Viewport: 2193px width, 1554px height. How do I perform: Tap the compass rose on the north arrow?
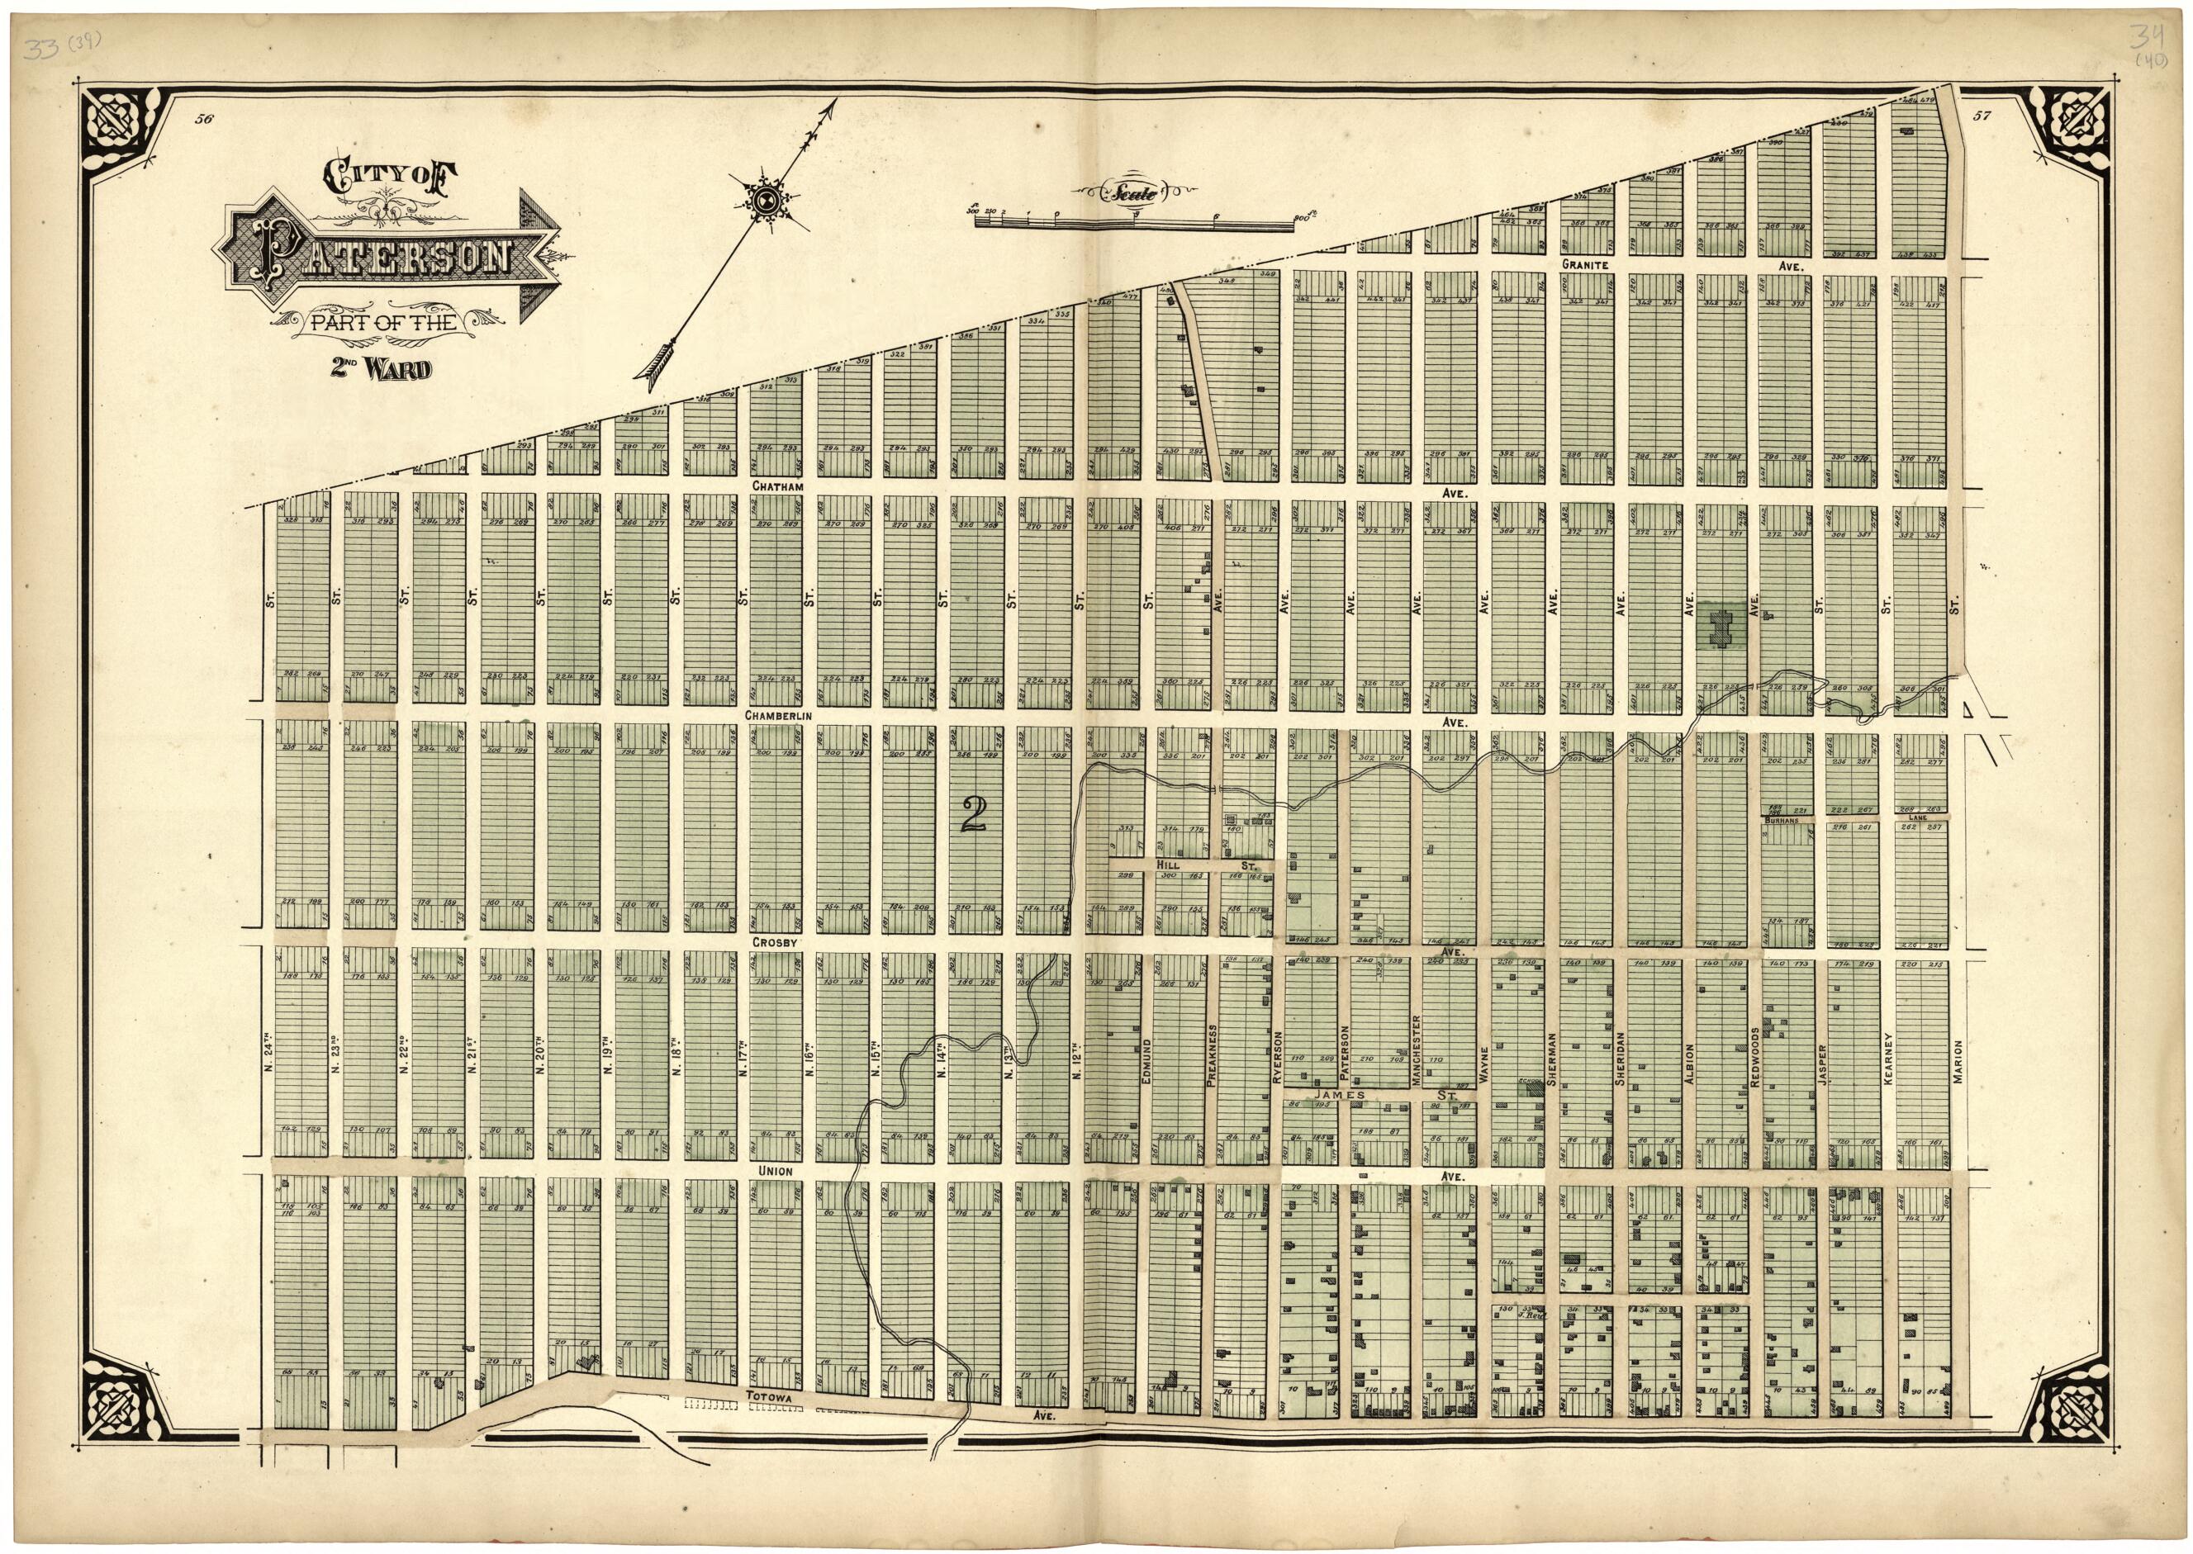[x=765, y=201]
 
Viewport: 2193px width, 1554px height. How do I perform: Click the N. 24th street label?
[x=270, y=1049]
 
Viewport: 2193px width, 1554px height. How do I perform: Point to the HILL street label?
[x=1166, y=863]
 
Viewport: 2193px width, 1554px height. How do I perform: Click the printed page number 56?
[x=202, y=119]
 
